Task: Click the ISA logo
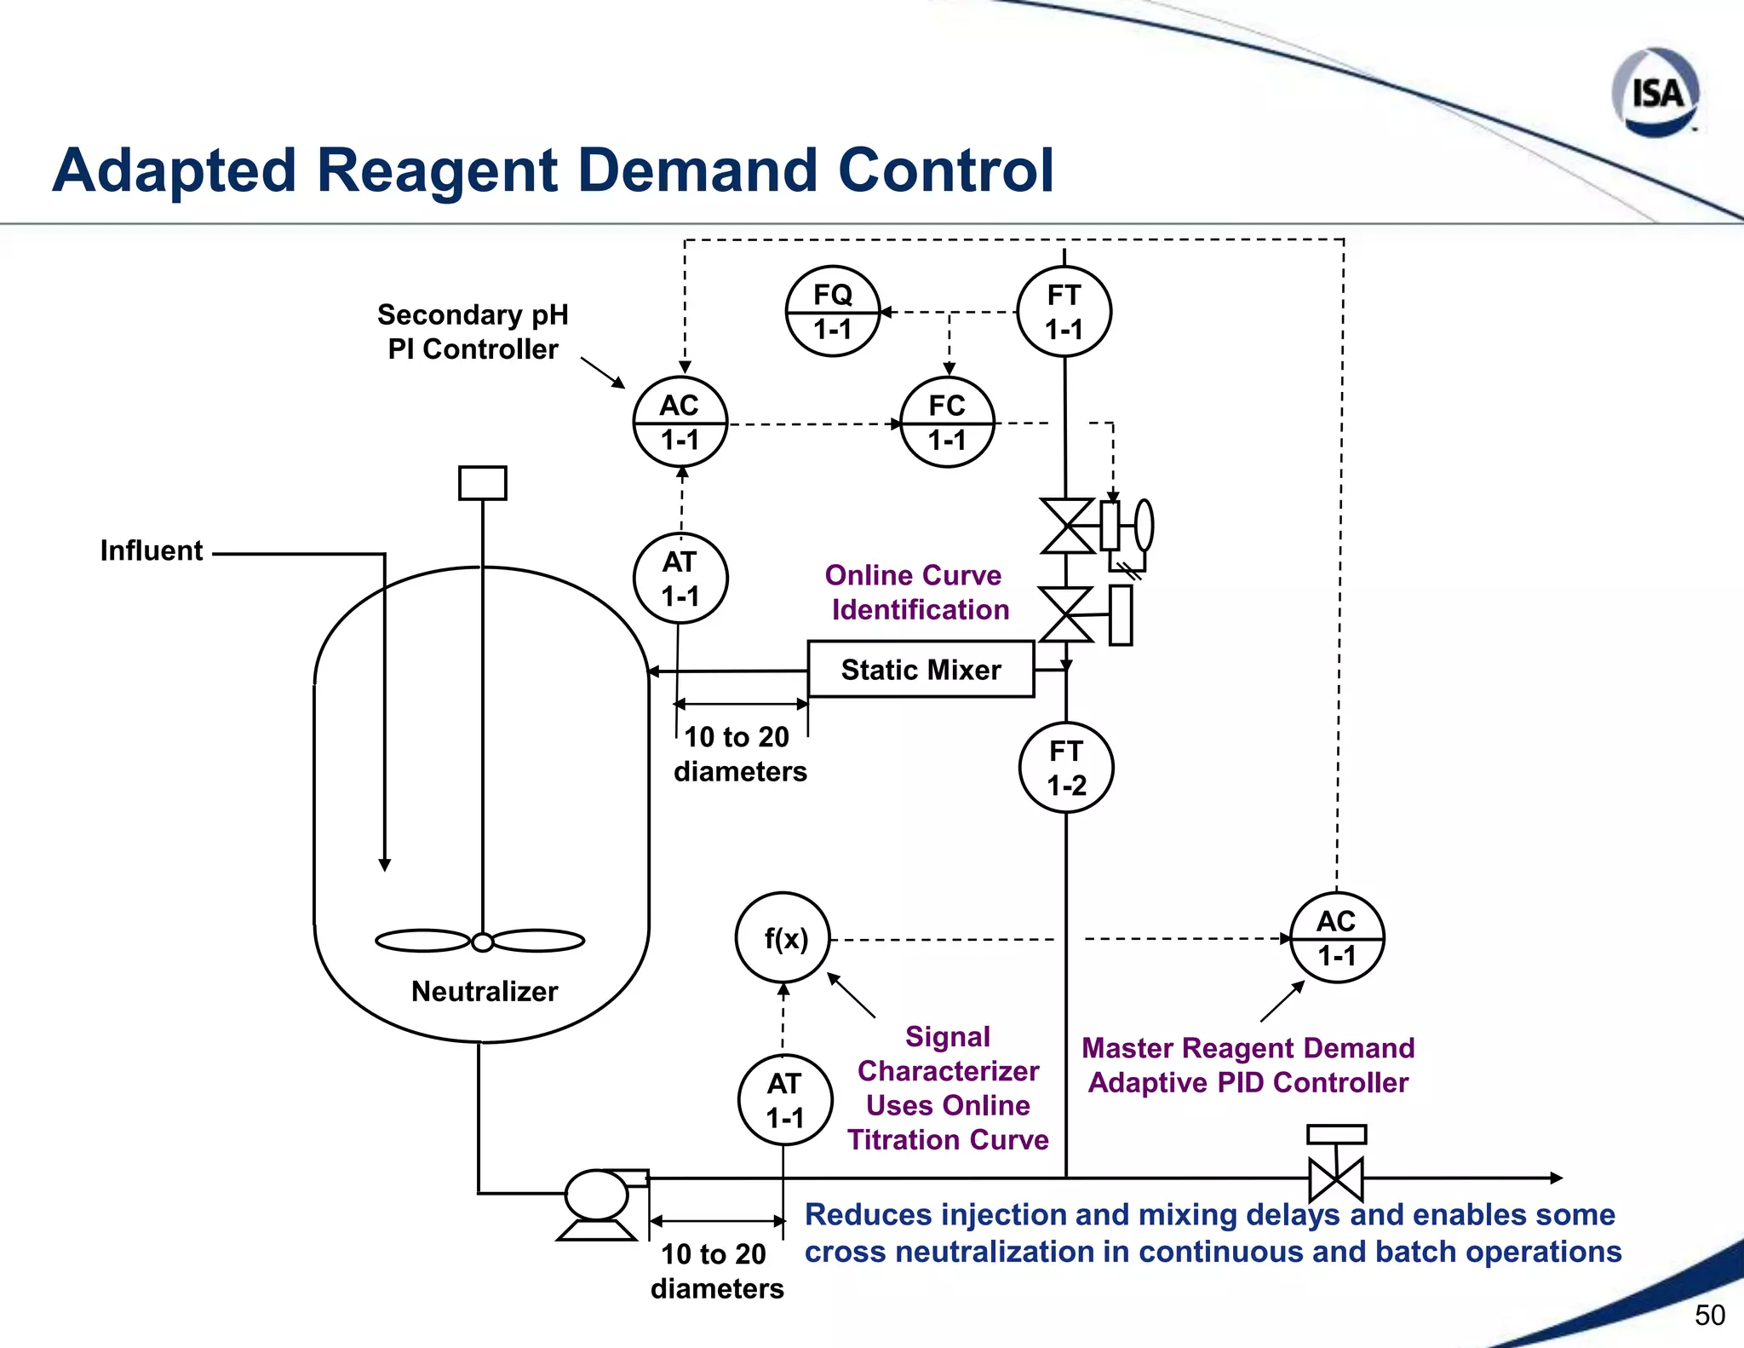point(1655,92)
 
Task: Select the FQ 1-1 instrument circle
point(832,312)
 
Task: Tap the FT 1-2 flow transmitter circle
point(1066,768)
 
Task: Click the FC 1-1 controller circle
point(947,423)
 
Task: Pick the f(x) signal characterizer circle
point(783,938)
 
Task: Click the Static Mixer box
point(921,670)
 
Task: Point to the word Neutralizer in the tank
point(484,991)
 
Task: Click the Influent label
point(152,550)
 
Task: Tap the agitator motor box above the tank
point(482,483)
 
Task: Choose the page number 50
point(1709,1315)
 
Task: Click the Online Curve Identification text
point(916,592)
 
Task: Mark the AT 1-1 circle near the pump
point(784,1100)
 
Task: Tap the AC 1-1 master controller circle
point(1337,938)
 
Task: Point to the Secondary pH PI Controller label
point(473,331)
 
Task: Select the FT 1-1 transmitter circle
point(1064,312)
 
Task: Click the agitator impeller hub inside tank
point(482,942)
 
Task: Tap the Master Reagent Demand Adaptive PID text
point(1248,1065)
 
